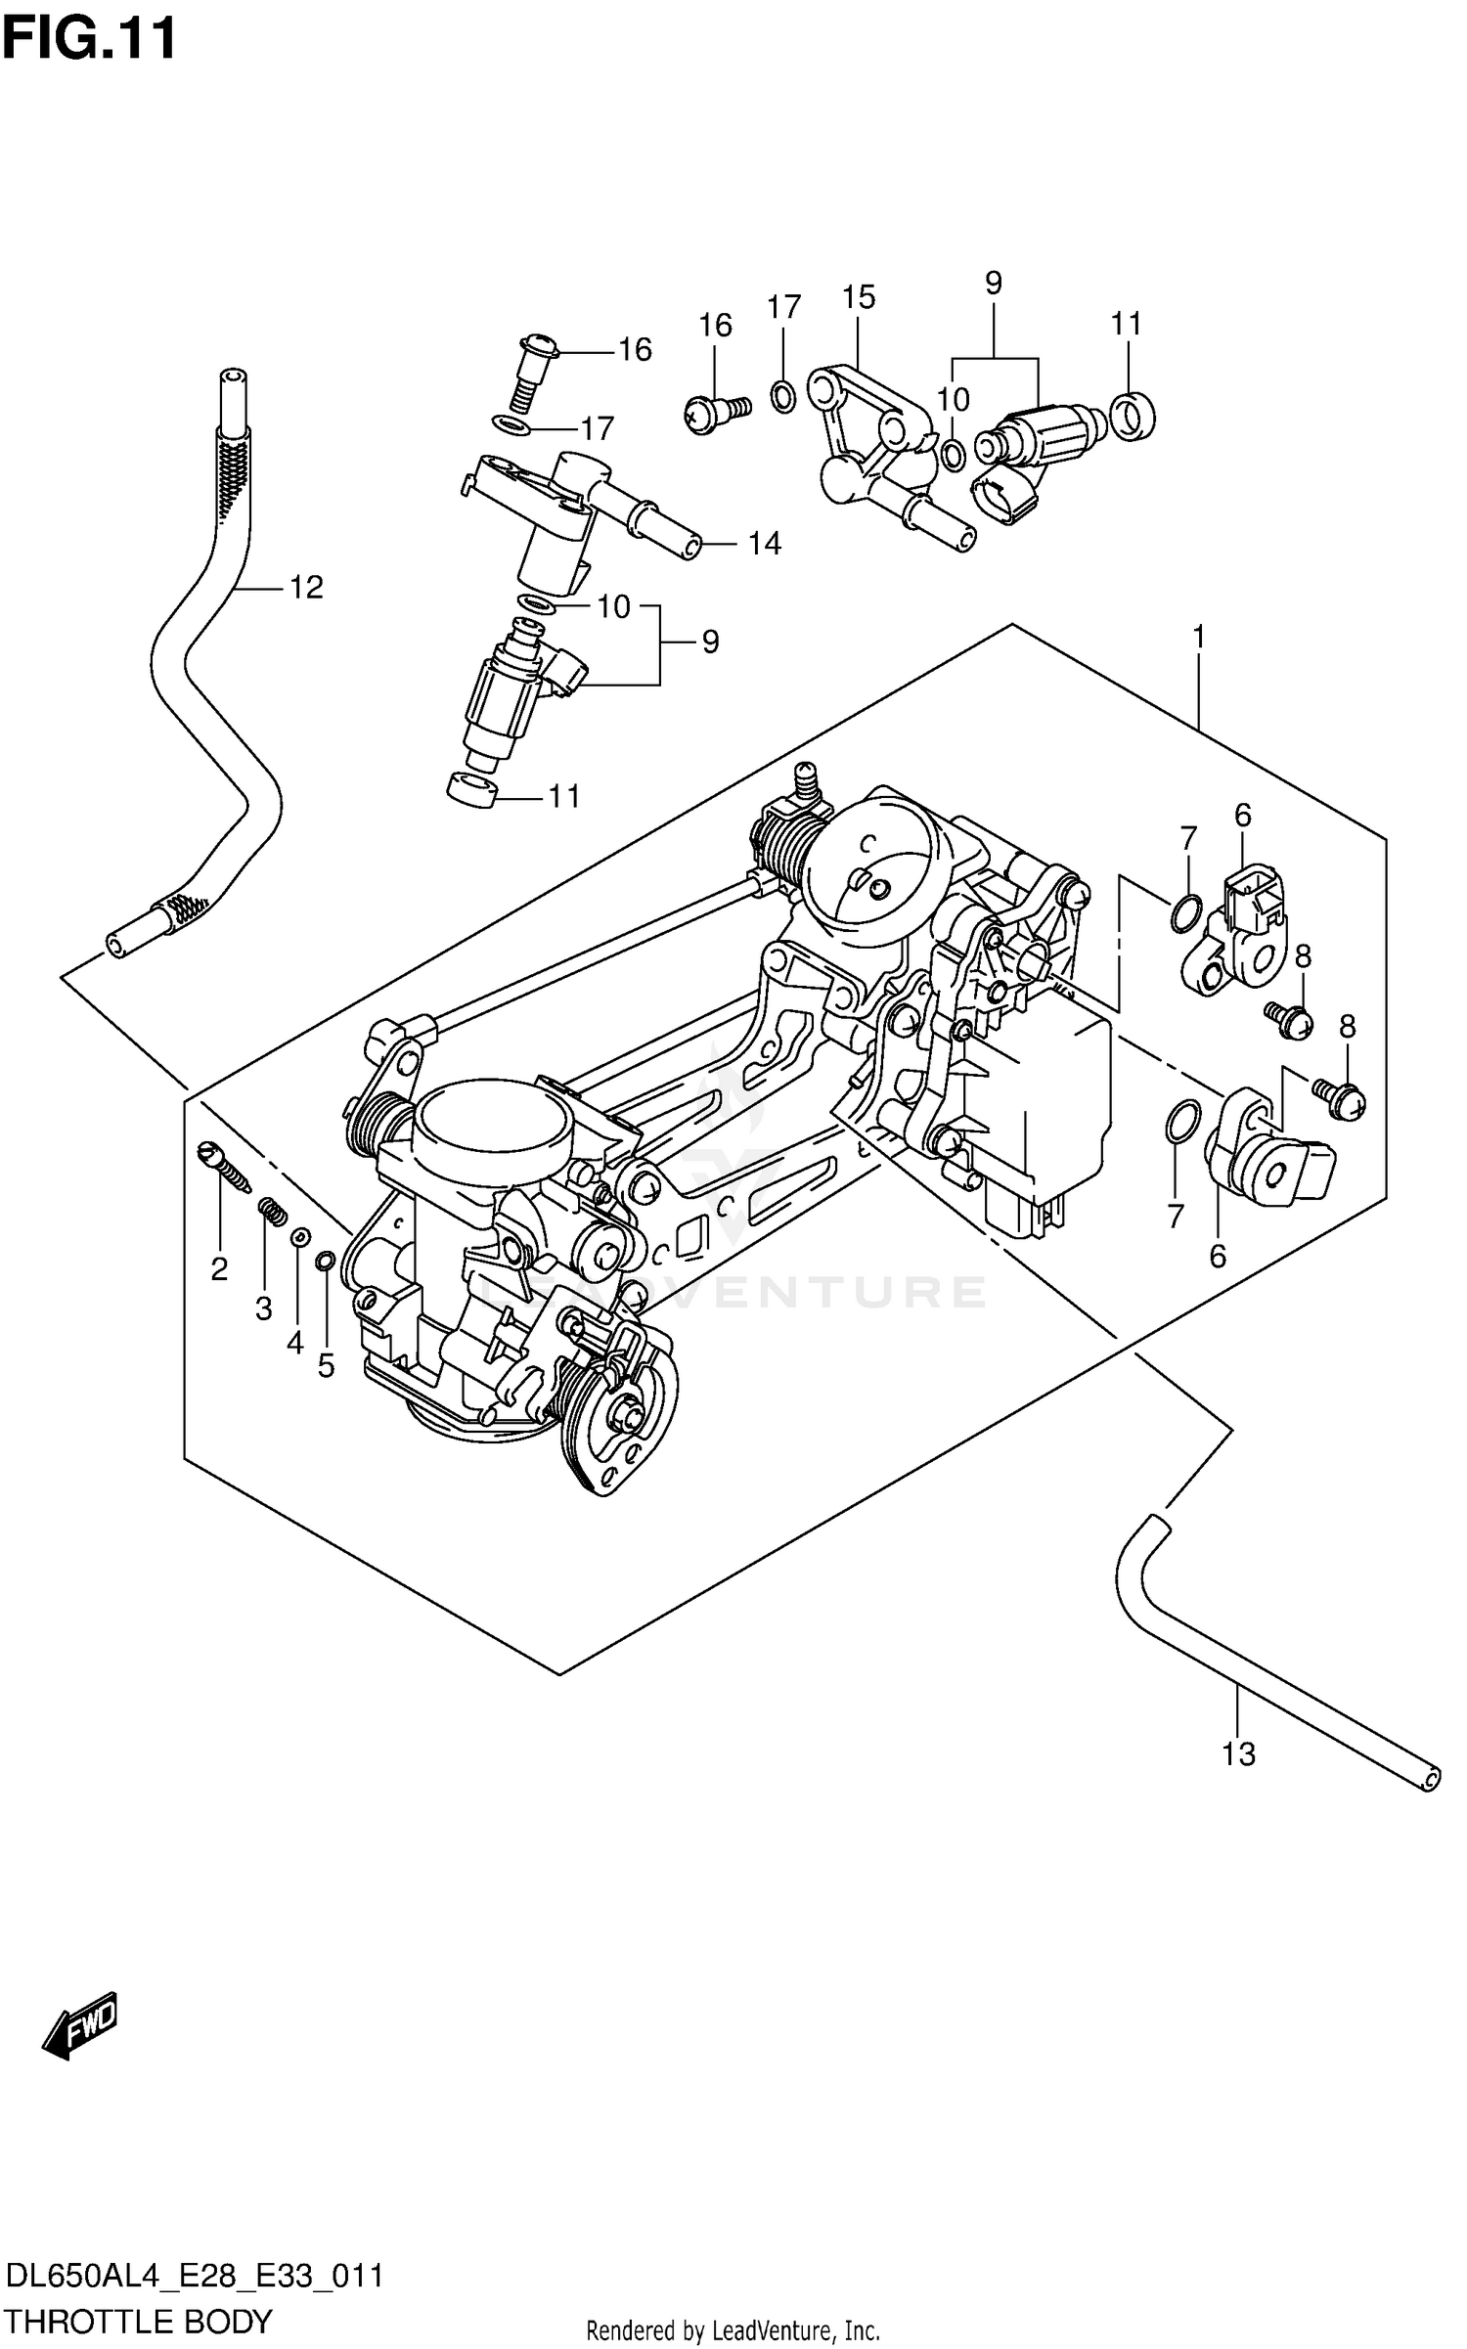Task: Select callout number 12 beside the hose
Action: tap(305, 587)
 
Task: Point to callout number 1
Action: tap(1198, 638)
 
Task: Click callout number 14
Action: tap(764, 544)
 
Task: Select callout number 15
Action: tap(859, 297)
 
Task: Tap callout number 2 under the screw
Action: tap(219, 1269)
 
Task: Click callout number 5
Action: tap(326, 1365)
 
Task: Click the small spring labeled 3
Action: tap(273, 1213)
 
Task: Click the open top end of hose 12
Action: tap(232, 377)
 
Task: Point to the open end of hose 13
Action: tap(1431, 1776)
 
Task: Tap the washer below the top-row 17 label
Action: tap(782, 396)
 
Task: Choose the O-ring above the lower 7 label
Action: tap(1183, 1121)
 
